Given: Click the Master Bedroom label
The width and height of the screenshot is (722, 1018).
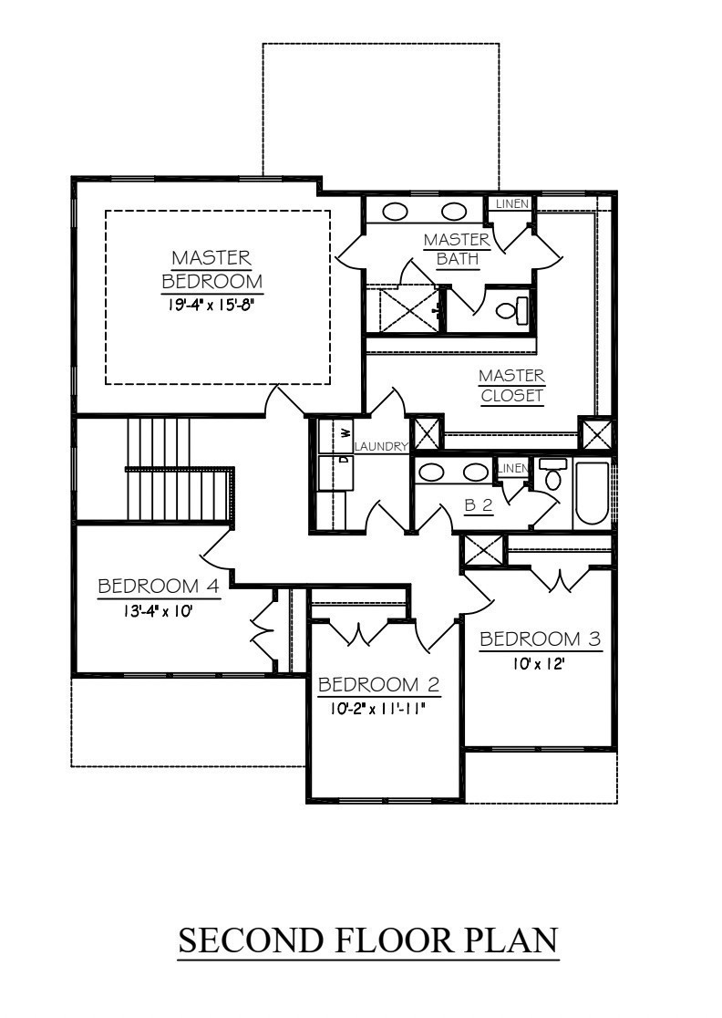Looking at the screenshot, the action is coord(211,269).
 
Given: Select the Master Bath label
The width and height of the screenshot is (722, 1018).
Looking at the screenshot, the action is coord(458,249).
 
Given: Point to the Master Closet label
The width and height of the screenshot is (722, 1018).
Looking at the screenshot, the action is coord(511,386).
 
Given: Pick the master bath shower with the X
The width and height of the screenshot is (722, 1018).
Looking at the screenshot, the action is coord(403,310).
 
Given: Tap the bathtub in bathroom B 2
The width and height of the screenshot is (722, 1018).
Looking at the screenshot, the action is coord(592,493).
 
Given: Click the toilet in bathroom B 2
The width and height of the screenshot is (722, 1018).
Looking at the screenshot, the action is coord(552,475).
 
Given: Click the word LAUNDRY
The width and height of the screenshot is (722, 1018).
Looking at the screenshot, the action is coord(381,447).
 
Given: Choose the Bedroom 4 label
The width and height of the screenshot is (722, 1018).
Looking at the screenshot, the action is coord(159,587).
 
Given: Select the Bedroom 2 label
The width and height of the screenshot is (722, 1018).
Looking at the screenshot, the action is coord(379,685).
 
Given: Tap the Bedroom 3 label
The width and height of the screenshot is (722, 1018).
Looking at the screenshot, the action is coord(541,639).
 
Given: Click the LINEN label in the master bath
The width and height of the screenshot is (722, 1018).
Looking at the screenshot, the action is coord(512,203).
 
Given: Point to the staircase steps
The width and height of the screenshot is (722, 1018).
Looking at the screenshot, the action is coord(179,469).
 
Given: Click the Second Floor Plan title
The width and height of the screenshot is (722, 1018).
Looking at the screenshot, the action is coord(367,940).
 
